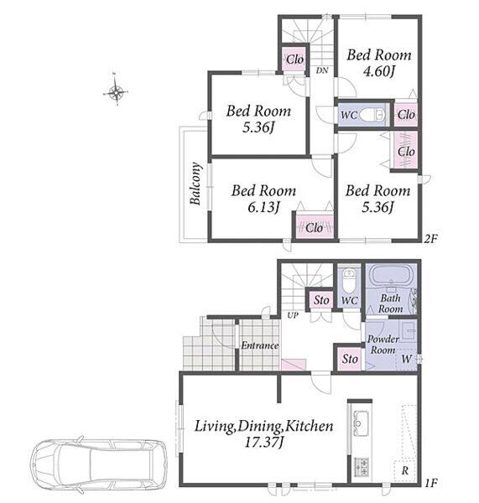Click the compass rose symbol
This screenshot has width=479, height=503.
tap(116, 92)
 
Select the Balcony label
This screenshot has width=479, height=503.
tap(195, 184)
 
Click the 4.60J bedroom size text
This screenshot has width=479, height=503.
tap(379, 71)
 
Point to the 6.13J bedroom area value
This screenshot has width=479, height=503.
tap(263, 207)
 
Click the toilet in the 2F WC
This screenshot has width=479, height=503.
tap(372, 115)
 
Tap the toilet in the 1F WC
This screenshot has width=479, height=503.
tap(349, 280)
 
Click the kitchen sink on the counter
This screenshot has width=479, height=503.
tap(361, 423)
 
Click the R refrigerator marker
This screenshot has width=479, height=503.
tap(405, 471)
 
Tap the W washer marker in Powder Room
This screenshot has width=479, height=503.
tap(407, 359)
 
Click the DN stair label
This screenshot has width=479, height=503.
tap(322, 70)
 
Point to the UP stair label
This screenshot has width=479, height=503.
tap(293, 315)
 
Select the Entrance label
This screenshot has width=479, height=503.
tap(260, 345)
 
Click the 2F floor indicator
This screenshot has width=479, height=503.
tap(430, 239)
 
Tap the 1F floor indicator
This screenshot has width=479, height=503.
tap(431, 483)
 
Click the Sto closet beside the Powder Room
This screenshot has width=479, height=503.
tap(350, 359)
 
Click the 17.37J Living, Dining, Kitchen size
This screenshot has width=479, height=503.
tap(263, 443)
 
